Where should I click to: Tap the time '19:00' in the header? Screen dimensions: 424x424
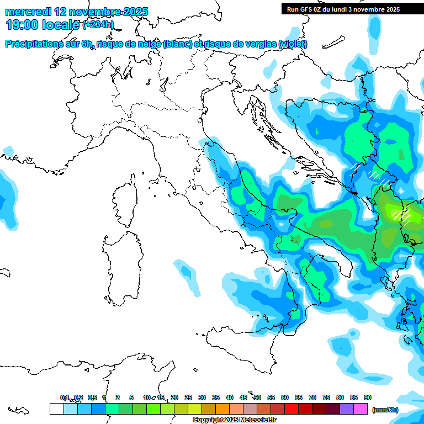(22, 25)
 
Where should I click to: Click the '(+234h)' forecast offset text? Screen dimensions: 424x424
(98, 25)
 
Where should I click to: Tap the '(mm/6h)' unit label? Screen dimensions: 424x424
(385, 410)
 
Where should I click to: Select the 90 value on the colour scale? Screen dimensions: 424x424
(368, 397)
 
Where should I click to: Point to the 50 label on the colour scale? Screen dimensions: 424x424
(257, 397)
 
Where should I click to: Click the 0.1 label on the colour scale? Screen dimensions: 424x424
(65, 397)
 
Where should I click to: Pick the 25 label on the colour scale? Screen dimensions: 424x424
(188, 397)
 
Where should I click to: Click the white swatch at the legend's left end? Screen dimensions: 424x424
(56, 409)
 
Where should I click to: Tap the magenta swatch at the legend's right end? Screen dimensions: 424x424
(361, 409)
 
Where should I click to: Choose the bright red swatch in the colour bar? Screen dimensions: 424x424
(291, 409)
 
